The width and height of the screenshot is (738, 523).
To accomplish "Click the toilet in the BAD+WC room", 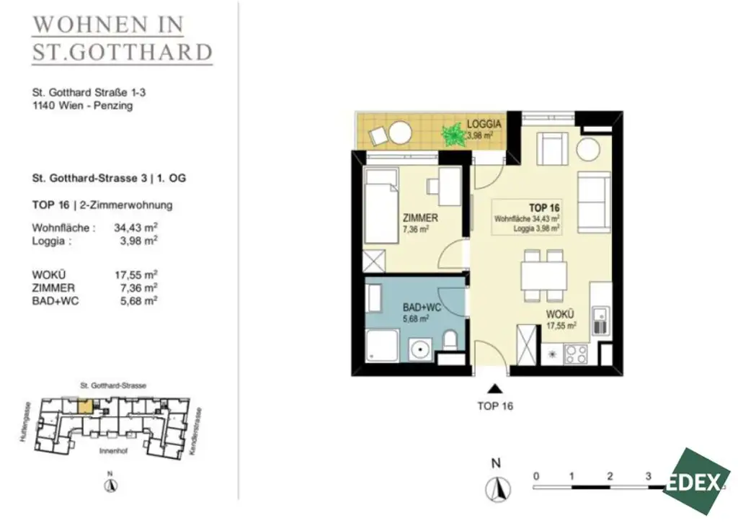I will [x=450, y=341].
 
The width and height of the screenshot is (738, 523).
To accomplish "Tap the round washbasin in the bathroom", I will [x=418, y=351].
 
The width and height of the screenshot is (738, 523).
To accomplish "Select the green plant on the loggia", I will [x=453, y=134].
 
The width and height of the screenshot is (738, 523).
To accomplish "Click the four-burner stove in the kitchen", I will [x=575, y=354].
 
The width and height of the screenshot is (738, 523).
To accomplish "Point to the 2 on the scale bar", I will [x=610, y=476].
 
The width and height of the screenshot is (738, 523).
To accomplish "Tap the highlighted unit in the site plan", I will [x=85, y=406].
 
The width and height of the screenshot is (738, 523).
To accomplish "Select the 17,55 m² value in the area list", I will [x=136, y=274].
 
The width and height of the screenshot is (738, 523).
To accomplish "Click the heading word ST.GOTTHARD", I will [x=123, y=52].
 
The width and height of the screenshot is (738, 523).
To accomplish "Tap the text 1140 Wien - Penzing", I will [x=82, y=105].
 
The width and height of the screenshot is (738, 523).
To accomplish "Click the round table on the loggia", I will [x=400, y=133].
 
